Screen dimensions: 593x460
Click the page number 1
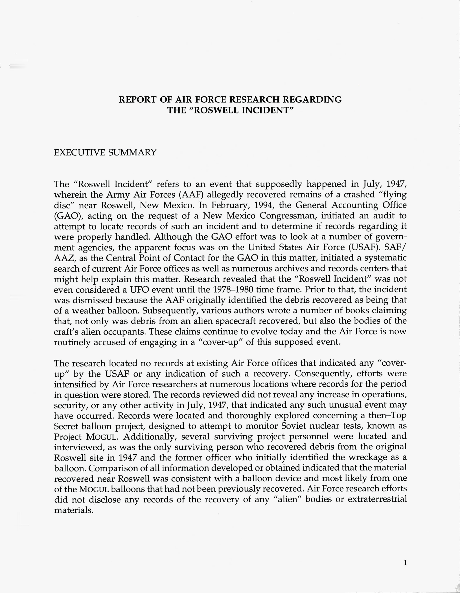click(405, 563)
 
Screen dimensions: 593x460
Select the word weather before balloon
click(87, 311)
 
